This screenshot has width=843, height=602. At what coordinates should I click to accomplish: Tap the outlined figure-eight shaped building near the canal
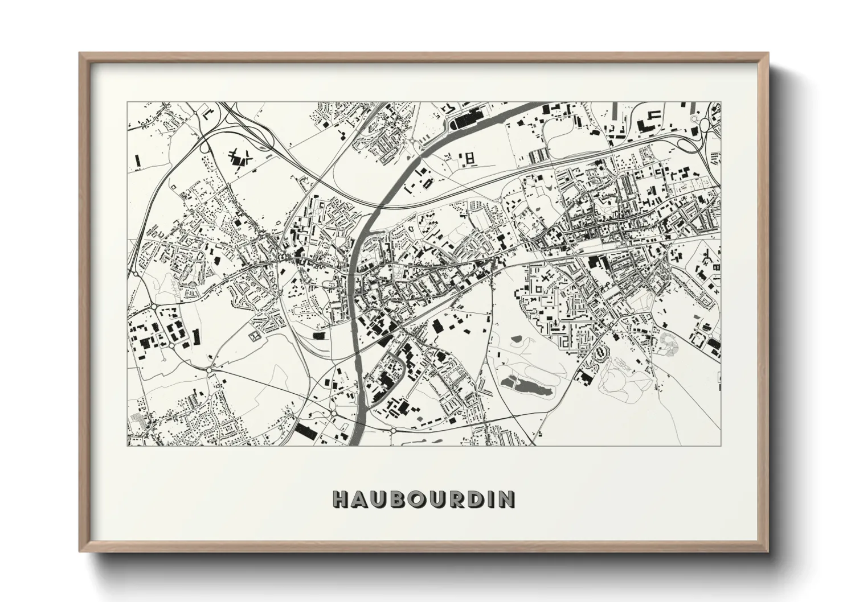pos(470,159)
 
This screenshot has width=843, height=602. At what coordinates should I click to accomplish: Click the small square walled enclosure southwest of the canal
pos(255,336)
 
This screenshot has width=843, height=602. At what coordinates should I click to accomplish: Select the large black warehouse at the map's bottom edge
pos(305,431)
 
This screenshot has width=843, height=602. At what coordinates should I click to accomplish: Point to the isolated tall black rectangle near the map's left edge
pos(137,162)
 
